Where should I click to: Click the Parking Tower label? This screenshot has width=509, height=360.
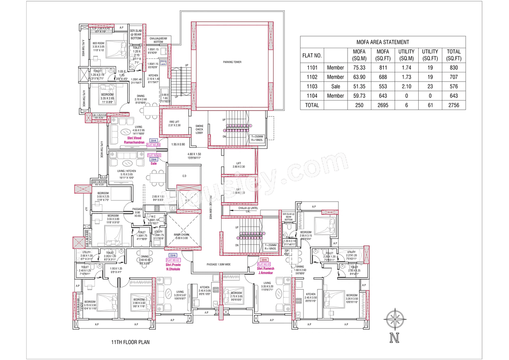(x=232, y=62)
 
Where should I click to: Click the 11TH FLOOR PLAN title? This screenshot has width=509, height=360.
(x=130, y=342)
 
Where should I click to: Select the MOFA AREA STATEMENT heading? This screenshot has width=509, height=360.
(x=383, y=42)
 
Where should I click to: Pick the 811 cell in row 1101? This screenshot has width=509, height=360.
(x=383, y=68)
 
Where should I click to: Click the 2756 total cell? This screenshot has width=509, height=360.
(x=453, y=105)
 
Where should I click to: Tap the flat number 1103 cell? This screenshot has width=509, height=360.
(x=312, y=86)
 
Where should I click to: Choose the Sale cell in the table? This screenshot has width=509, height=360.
(x=335, y=86)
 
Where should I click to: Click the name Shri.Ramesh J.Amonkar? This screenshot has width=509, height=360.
(x=266, y=270)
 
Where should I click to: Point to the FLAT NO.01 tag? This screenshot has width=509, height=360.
(x=264, y=264)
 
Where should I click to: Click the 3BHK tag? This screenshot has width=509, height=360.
(x=264, y=259)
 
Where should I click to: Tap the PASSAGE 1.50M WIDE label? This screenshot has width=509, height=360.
(x=219, y=264)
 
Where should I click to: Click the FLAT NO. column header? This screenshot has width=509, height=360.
(x=312, y=54)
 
